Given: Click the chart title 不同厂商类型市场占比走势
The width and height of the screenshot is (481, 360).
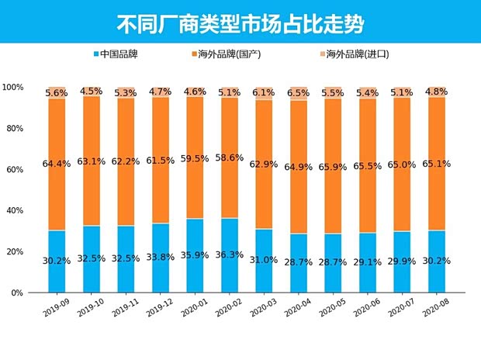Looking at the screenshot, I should tap(240, 22).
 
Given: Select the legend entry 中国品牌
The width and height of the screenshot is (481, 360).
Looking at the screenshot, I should tap(126, 54).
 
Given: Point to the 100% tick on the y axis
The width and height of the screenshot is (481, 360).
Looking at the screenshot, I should tap(13, 87).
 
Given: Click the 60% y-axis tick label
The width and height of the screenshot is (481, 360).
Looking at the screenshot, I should tap(15, 169).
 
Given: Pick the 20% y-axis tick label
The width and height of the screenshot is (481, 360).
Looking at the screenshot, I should tap(15, 251).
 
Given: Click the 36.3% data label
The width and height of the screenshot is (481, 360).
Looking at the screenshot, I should tap(230, 261).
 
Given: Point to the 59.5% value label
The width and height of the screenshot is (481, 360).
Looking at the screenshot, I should tap(196, 158).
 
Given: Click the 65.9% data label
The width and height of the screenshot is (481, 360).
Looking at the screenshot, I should tap(335, 166).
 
